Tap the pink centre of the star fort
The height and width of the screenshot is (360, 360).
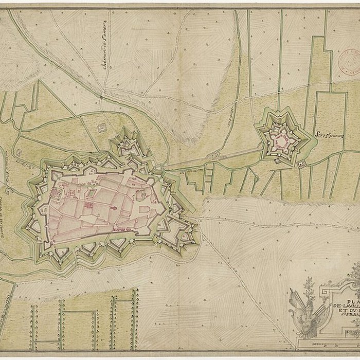(x=281, y=139)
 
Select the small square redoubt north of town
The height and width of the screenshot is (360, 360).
(x=102, y=127)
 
